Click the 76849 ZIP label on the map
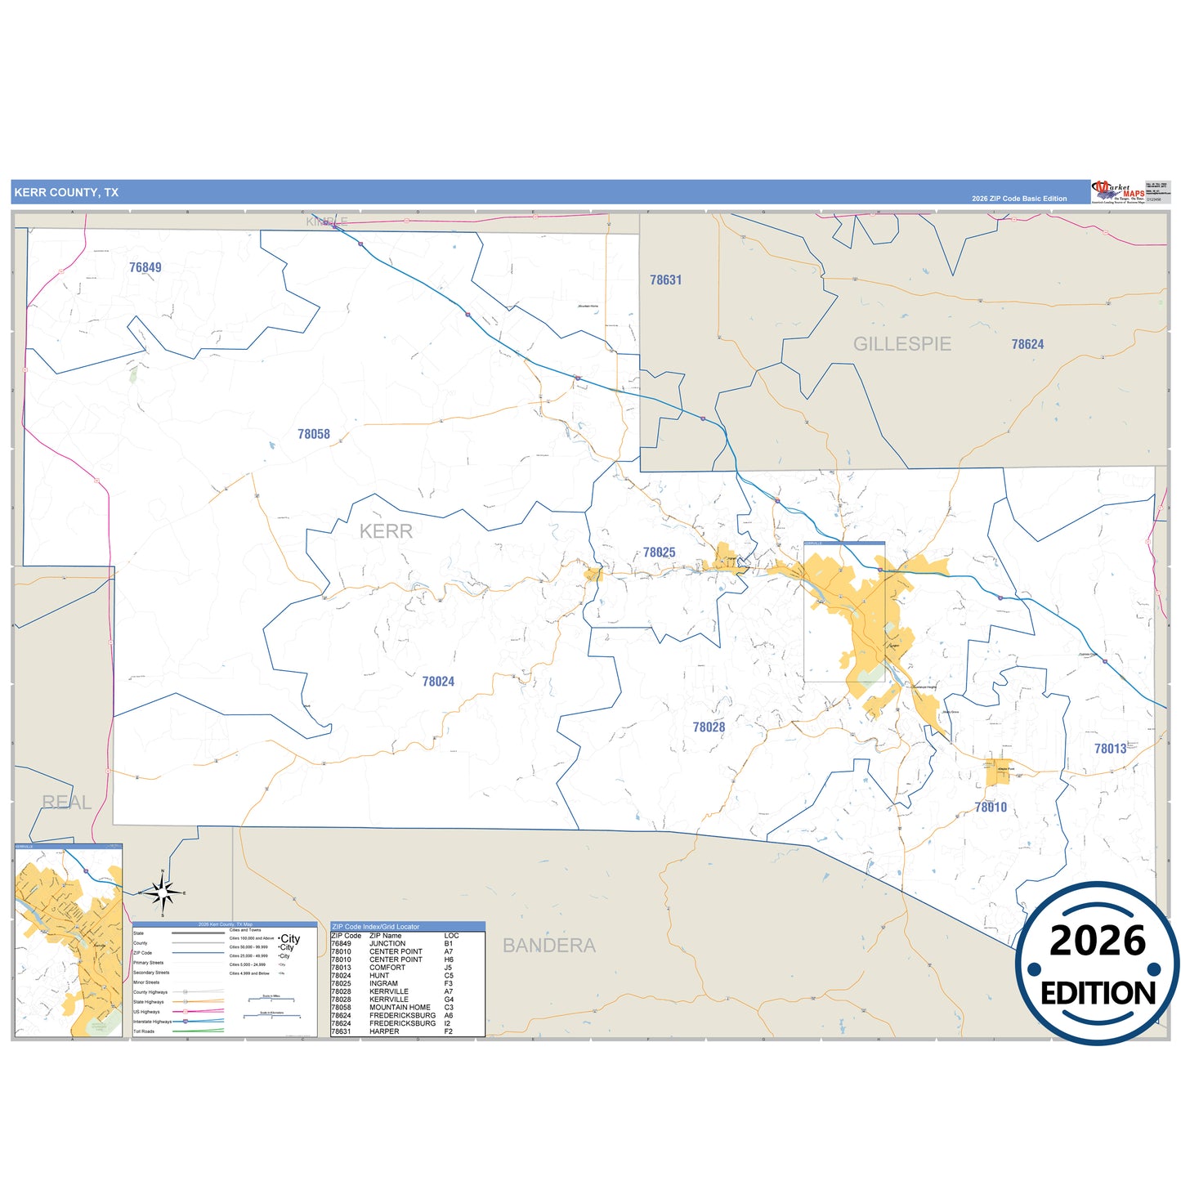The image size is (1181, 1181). click(x=145, y=267)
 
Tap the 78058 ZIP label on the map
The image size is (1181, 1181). click(x=314, y=434)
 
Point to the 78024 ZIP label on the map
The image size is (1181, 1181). click(x=438, y=682)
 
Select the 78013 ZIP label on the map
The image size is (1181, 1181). click(x=1110, y=749)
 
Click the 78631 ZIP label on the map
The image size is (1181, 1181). click(x=665, y=280)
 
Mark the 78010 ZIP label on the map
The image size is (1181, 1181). click(x=991, y=807)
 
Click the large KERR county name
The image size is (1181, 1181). click(x=386, y=531)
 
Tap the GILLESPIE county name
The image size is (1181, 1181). click(x=902, y=344)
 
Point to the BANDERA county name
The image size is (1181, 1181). click(x=548, y=946)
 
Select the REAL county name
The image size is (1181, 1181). click(x=66, y=803)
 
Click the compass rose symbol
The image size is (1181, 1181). click(x=163, y=893)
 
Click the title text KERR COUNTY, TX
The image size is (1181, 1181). click(x=66, y=193)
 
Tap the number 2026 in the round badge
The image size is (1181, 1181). click(x=1098, y=941)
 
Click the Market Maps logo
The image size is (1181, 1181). click(x=1117, y=192)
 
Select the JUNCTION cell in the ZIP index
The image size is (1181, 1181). click(x=387, y=944)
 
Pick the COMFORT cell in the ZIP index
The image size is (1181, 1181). click(x=387, y=968)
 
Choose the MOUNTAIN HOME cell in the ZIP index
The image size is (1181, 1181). click(x=400, y=1008)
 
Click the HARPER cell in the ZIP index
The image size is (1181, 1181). click(x=384, y=1031)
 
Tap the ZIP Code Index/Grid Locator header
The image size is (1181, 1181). click(x=376, y=927)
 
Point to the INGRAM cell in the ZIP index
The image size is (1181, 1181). click(x=383, y=984)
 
